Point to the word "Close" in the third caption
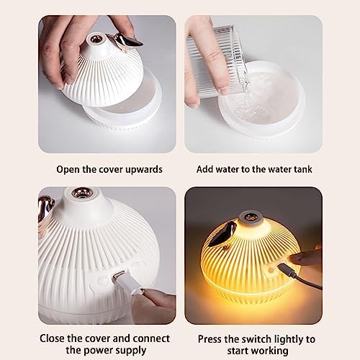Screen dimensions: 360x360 (x=52, y=338)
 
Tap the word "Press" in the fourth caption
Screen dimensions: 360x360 (x=210, y=339)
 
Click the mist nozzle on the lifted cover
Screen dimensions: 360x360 (x=94, y=38)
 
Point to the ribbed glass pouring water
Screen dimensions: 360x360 (x=216, y=61)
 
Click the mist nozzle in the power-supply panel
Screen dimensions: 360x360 (x=81, y=193)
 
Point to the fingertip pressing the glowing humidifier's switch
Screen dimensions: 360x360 (x=293, y=258)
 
